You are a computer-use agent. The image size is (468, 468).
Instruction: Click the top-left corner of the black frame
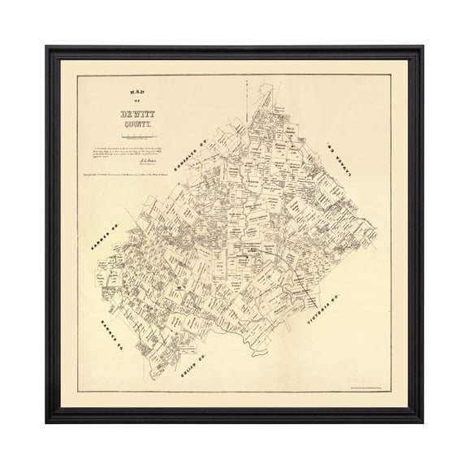47,47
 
